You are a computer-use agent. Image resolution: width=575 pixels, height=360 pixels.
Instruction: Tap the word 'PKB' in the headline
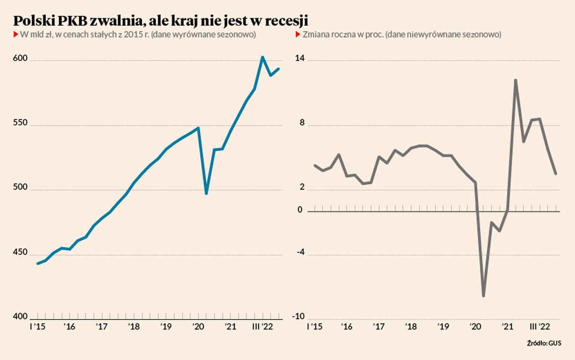77,21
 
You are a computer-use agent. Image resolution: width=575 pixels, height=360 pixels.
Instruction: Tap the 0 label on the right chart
300,210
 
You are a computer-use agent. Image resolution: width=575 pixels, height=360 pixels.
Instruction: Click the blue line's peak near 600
263,57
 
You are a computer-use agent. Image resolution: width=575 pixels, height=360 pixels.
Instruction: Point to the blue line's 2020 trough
206,193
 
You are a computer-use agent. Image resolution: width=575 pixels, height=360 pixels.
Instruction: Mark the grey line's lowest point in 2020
483,296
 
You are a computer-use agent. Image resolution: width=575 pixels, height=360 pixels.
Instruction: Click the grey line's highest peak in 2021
515,80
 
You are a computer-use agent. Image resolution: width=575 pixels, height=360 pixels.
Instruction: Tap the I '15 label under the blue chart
37,327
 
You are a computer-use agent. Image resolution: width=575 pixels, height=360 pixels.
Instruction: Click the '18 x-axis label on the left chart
134,327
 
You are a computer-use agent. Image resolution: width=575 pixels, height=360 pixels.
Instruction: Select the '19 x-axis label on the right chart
443,327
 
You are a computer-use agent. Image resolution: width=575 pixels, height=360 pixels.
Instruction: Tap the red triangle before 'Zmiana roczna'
298,35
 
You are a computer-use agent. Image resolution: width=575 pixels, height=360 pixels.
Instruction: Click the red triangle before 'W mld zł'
16,35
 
